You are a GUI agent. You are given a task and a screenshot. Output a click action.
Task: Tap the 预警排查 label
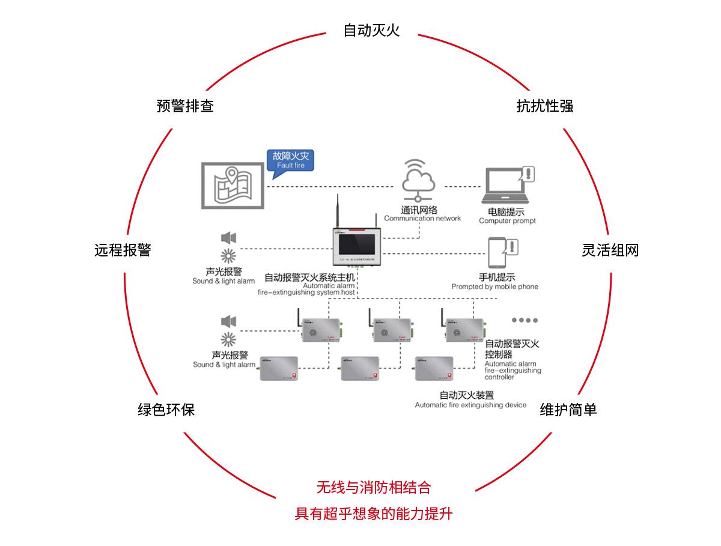coord(185,106)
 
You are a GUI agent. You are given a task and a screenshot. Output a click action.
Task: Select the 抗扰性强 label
coord(545,106)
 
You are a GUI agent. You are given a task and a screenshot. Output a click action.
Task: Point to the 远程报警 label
coord(123,250)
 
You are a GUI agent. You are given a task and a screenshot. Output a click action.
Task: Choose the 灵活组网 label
coord(610,250)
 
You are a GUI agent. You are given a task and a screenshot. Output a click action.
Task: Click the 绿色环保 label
coord(166,410)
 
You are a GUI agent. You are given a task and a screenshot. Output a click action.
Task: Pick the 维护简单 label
coord(568,410)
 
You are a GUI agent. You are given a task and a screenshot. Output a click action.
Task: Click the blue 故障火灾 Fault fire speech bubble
coord(291,160)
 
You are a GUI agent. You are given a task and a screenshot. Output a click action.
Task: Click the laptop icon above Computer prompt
coord(506,187)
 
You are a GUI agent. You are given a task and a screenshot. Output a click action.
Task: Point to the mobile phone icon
coord(498,253)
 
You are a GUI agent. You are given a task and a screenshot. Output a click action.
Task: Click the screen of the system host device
coord(357,244)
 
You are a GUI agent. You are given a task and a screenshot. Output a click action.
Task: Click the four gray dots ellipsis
coord(525,320)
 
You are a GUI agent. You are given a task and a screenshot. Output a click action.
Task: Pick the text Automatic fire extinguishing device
coord(470,405)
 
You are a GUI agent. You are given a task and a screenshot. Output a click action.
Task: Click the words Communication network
coord(422,219)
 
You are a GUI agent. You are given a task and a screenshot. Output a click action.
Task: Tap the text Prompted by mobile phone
coord(494,287)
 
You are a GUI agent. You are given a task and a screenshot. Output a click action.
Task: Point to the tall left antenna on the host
coord(338,210)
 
